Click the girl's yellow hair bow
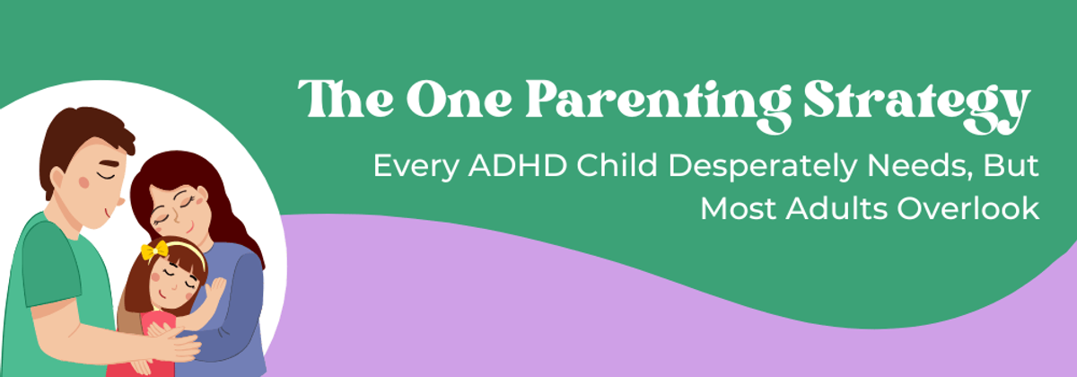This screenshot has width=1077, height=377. pos(153,250)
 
